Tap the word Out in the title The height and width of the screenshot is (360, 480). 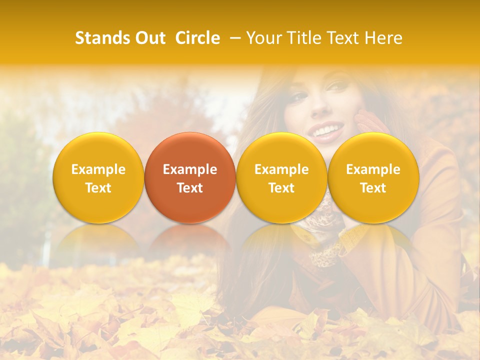coord(148,38)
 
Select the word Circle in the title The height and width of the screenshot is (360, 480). coord(197,38)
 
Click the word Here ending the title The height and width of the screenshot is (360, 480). coord(383,38)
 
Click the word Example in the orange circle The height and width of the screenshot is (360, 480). coord(190,169)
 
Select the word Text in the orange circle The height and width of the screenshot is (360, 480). coord(190,188)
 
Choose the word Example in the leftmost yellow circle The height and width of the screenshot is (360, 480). coord(98,169)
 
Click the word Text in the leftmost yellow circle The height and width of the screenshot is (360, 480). coord(98,188)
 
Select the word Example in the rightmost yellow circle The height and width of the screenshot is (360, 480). coord(373,169)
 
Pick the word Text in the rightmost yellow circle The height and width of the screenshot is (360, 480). coord(373,188)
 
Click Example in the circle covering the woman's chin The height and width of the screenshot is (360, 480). coord(281,169)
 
